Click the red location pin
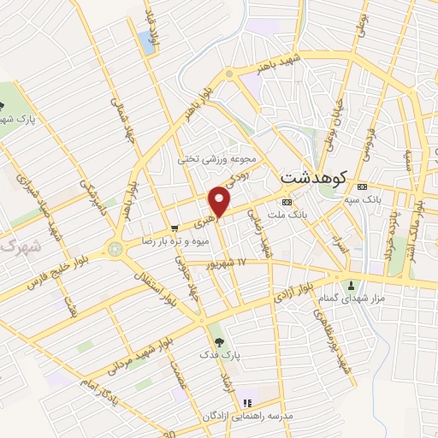(x=220, y=201)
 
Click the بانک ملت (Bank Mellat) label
(x=288, y=216)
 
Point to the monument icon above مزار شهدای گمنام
(x=349, y=285)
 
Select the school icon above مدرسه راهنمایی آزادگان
(x=248, y=403)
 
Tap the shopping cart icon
(x=175, y=228)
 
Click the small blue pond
(x=147, y=44)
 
